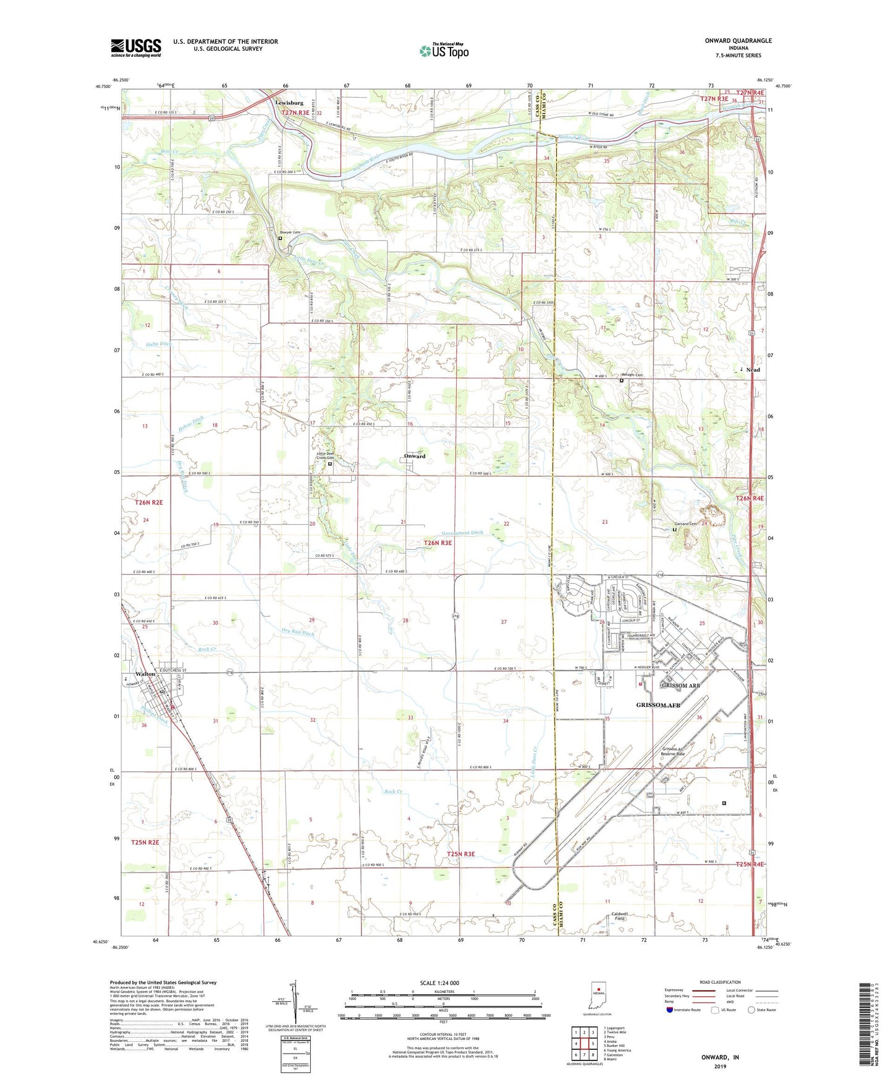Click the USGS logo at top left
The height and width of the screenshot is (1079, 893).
pyautogui.click(x=136, y=48)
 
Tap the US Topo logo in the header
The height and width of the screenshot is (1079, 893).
pyautogui.click(x=444, y=51)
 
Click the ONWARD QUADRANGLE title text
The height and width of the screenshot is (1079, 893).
pyautogui.click(x=738, y=41)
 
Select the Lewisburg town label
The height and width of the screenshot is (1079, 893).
pyautogui.click(x=289, y=103)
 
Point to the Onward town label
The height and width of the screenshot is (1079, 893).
pyautogui.click(x=415, y=456)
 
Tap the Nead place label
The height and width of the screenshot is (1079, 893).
pyautogui.click(x=753, y=370)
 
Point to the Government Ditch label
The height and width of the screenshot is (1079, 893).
pyautogui.click(x=462, y=533)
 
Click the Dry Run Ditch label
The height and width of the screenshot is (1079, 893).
pyautogui.click(x=298, y=633)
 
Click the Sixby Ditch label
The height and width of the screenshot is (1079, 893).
pyautogui.click(x=159, y=344)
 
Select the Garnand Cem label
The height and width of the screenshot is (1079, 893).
pyautogui.click(x=685, y=524)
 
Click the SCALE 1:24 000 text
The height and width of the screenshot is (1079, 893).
pyautogui.click(x=439, y=983)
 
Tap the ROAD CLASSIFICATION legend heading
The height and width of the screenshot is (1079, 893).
pyautogui.click(x=721, y=982)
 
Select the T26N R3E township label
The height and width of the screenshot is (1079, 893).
pyautogui.click(x=438, y=543)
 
